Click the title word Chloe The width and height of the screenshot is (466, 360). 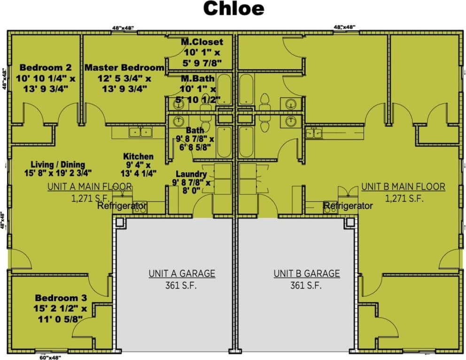(x=233, y=9)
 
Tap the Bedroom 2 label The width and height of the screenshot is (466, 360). (x=45, y=68)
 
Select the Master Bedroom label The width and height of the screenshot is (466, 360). (x=124, y=68)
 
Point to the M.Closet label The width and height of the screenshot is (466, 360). (x=202, y=42)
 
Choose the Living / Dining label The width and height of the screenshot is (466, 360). (x=58, y=164)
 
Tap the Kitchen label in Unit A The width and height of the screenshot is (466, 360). (x=138, y=156)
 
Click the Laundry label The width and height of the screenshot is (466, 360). (x=191, y=174)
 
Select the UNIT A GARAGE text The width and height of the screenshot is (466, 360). (x=182, y=273)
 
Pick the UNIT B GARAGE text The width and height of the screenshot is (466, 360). (x=307, y=273)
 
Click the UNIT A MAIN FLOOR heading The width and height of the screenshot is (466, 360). (x=89, y=186)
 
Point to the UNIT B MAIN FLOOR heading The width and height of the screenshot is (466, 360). (x=403, y=186)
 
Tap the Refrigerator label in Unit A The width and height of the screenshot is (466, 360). (x=122, y=206)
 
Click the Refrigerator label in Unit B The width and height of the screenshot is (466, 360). (x=348, y=206)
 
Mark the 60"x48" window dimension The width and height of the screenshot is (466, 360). (x=51, y=357)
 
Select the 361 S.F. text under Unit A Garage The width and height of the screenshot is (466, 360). (x=182, y=285)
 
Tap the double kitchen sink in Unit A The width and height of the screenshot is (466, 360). (x=140, y=132)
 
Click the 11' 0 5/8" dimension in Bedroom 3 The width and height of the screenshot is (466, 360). (x=61, y=319)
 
